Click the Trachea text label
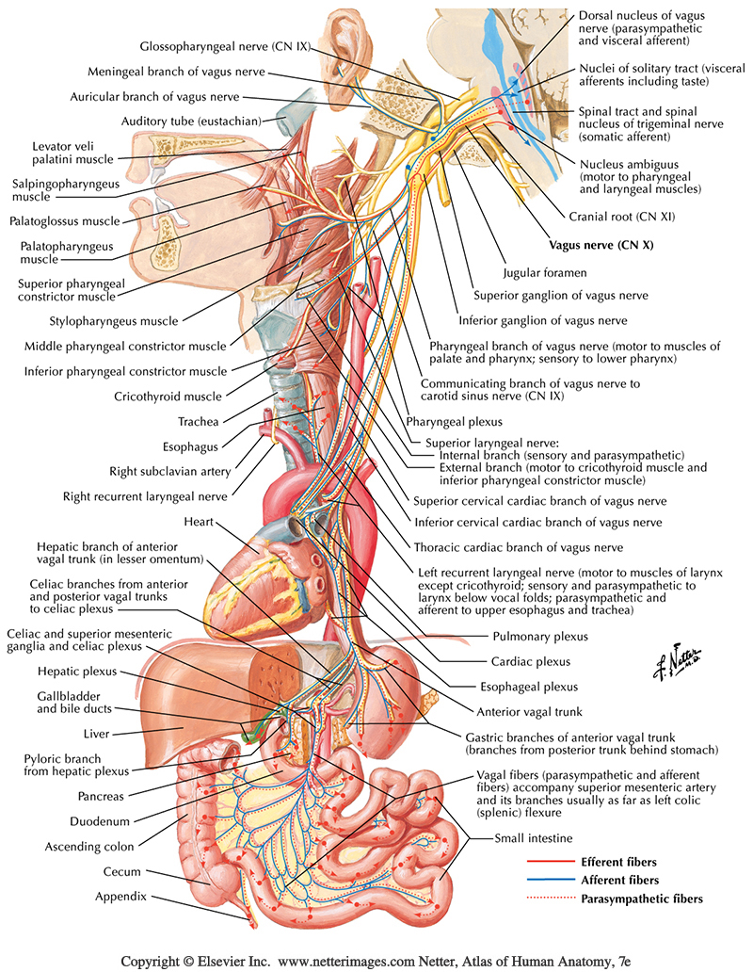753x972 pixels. tap(200, 421)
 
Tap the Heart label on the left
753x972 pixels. tap(201, 521)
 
